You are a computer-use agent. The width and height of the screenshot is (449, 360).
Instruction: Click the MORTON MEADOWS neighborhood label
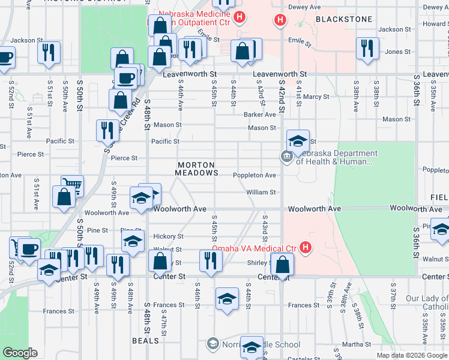[x=197, y=169]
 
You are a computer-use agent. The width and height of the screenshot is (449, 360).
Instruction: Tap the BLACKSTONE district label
[x=344, y=19]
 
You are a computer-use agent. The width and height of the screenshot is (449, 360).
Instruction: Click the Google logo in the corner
[x=21, y=353]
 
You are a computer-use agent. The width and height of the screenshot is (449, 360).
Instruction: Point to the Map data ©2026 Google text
[x=412, y=355]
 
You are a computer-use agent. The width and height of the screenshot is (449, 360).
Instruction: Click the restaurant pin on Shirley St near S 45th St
[x=210, y=260]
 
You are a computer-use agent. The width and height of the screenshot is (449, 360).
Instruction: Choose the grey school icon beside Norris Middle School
[x=212, y=344]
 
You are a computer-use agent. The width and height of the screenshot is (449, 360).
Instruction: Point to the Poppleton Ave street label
[x=255, y=175]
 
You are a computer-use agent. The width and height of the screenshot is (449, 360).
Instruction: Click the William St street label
[x=261, y=193]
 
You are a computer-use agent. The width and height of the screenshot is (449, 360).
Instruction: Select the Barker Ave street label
[x=259, y=115]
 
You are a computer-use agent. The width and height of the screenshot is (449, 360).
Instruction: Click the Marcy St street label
[x=316, y=97]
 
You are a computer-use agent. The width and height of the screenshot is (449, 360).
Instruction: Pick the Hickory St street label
[x=167, y=236]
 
